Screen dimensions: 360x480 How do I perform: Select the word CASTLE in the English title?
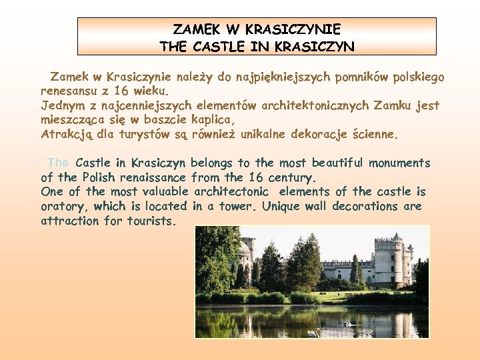(216, 47)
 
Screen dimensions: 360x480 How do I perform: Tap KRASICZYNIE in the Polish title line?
(293, 30)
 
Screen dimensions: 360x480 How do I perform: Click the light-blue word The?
(59, 163)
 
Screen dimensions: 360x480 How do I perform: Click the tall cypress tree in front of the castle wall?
(355, 270)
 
